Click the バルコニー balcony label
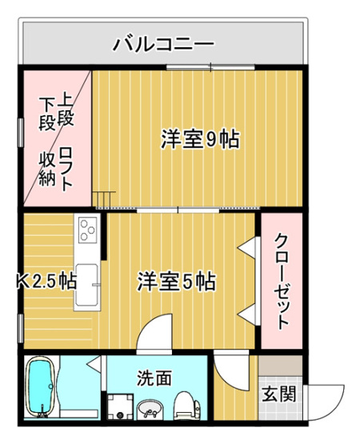tap(162, 42)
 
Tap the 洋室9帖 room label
tap(199, 139)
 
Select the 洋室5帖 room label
tap(175, 282)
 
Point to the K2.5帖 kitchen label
tap(46, 282)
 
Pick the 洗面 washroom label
tap(153, 377)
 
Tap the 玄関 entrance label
tap(279, 394)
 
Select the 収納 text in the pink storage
tap(47, 167)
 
